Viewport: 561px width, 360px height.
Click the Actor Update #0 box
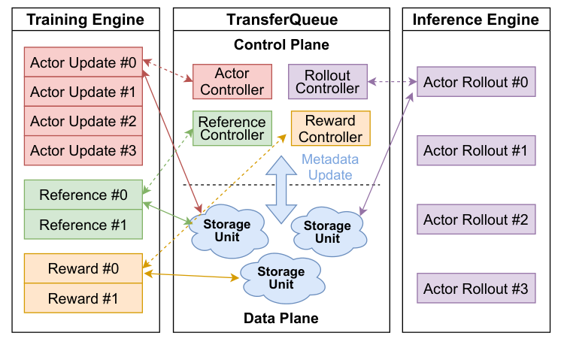tap(83, 62)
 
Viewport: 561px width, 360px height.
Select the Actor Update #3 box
tap(83, 151)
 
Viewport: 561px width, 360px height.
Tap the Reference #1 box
tap(83, 224)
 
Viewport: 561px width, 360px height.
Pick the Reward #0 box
tap(83, 268)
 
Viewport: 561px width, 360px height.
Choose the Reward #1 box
tap(83, 298)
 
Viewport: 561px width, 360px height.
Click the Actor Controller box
tap(232, 82)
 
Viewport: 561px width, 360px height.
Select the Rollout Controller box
tap(328, 82)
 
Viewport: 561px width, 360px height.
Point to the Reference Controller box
tap(232, 129)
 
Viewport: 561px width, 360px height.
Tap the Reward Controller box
tap(331, 129)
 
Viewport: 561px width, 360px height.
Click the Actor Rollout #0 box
tap(476, 81)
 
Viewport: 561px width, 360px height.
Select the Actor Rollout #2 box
tap(476, 219)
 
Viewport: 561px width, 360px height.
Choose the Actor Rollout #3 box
tap(476, 289)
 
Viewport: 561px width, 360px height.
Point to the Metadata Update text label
tap(330, 167)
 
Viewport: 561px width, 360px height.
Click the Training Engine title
tap(85, 20)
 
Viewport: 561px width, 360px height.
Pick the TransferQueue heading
tap(281, 20)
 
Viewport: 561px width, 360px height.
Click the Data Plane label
tap(280, 319)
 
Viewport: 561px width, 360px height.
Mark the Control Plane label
tap(281, 44)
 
